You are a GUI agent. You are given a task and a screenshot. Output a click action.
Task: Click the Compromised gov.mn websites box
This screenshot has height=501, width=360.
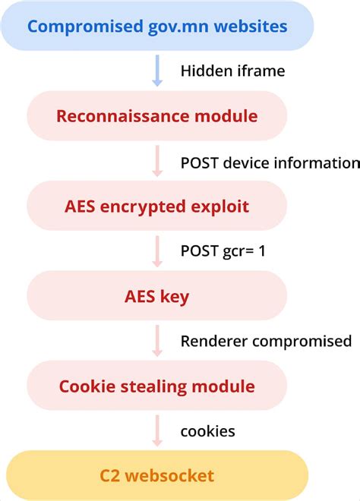157,27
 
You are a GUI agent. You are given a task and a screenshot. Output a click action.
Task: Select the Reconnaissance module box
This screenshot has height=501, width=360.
157,117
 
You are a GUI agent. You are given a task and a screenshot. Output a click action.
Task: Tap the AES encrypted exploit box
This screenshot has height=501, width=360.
157,206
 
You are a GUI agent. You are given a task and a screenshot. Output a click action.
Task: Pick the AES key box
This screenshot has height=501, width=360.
157,296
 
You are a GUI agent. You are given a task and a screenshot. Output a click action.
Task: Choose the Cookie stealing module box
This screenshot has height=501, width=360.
157,386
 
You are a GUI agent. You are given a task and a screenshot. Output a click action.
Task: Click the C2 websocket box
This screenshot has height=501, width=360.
157,476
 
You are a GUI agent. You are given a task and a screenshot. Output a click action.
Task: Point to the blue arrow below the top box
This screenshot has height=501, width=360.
157,71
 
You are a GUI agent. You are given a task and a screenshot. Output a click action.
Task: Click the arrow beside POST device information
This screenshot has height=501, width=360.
157,162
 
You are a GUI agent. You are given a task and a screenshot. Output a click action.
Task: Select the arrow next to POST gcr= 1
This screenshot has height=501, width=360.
157,251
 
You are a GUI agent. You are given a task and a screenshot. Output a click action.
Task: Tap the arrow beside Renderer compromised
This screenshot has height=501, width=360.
157,341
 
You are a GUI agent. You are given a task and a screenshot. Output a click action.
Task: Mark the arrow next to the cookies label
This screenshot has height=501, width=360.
157,430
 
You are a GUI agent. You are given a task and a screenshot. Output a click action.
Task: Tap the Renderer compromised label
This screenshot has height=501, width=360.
266,341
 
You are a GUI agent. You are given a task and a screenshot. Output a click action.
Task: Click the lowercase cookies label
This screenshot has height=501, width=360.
207,431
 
